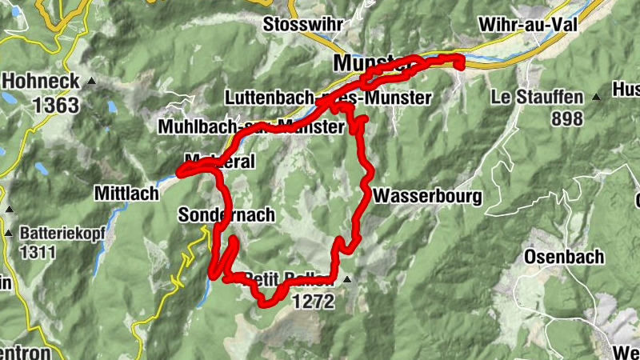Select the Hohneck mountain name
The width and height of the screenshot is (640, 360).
42,81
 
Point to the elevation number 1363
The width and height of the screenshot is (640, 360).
55,104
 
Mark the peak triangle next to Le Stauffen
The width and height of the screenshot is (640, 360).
596,98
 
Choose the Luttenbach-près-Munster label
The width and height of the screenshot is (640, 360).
328,98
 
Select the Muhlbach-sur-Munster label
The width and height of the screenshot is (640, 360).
252,126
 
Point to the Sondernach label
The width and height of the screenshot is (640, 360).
227,214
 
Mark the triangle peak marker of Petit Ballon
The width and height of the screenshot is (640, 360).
347,280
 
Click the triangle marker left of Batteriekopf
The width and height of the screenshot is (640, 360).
9,234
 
